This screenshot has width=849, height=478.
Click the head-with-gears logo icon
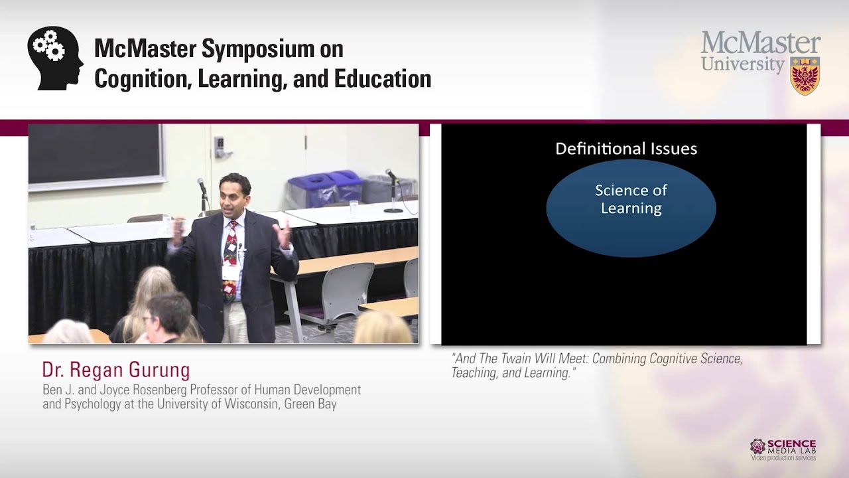point(55,58)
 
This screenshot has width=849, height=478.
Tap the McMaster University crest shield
point(805,76)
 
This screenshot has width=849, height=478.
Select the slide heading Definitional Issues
point(625,149)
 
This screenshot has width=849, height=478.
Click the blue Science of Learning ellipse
point(631,208)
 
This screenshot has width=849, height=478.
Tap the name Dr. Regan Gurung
point(116,370)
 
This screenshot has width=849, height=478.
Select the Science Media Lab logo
point(783,449)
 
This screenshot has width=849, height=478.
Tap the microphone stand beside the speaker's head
point(202,193)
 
